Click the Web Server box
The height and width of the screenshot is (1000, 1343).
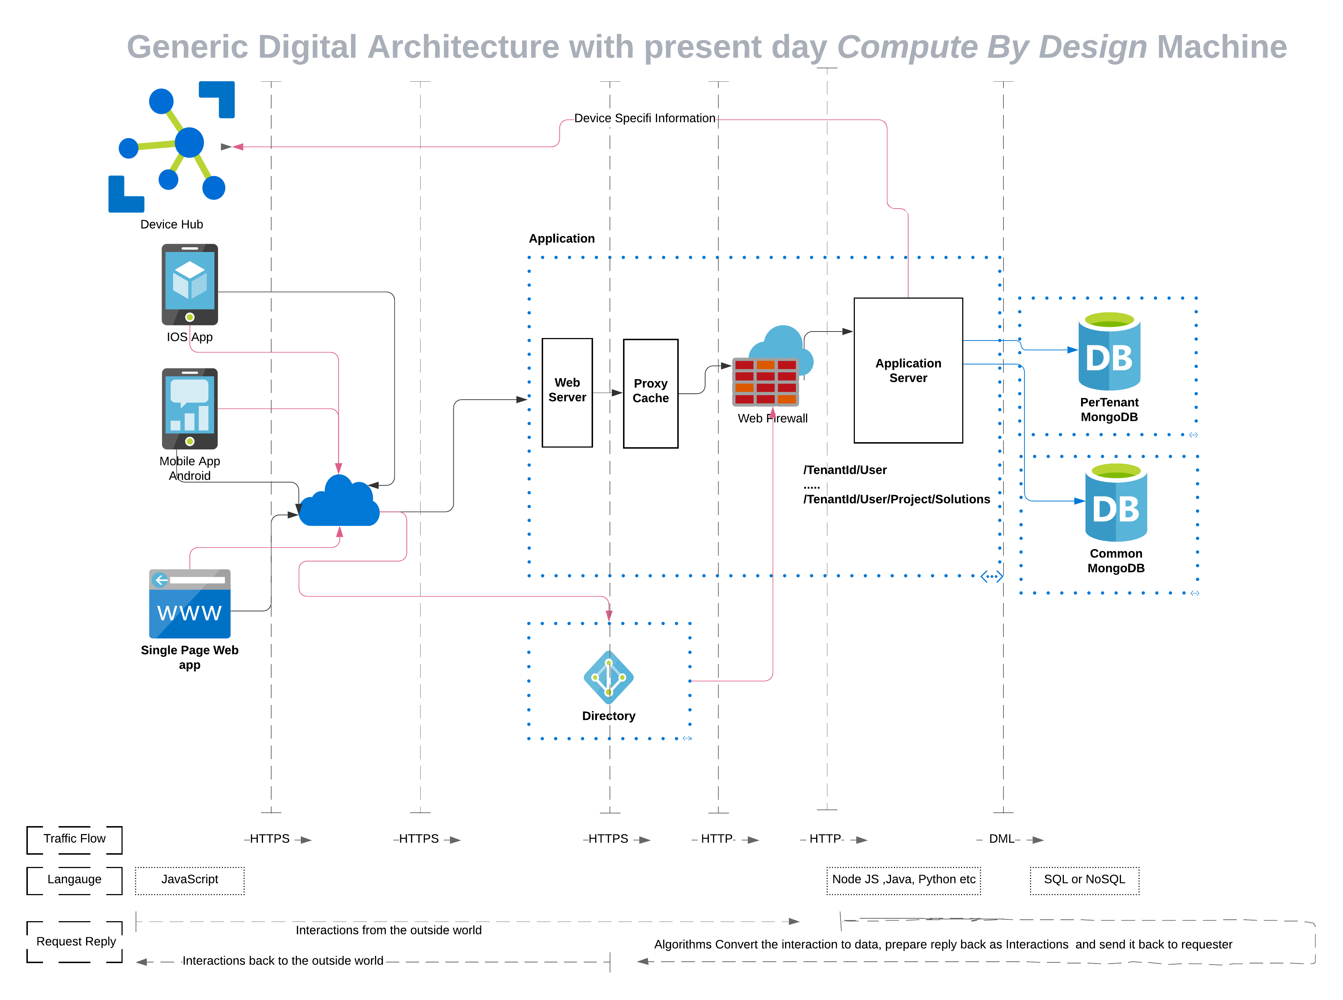click(567, 392)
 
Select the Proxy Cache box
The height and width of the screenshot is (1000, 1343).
click(650, 393)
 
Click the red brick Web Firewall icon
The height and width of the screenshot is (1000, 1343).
click(766, 381)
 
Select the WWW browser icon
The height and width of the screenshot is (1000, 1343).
click(189, 603)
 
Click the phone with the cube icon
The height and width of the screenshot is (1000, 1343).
click(189, 285)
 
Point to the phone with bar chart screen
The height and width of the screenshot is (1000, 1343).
click(189, 409)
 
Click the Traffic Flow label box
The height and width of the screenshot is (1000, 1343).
click(74, 839)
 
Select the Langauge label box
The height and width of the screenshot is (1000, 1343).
click(74, 880)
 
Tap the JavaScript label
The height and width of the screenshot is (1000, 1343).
click(189, 880)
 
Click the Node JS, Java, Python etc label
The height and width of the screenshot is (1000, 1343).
click(903, 880)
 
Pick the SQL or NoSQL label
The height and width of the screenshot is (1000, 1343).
click(1084, 880)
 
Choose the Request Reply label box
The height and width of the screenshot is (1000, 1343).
click(75, 941)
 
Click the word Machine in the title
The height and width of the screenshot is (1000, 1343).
click(1221, 47)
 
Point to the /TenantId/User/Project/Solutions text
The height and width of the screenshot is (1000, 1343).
click(896, 499)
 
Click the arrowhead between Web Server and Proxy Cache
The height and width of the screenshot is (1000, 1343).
click(617, 393)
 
